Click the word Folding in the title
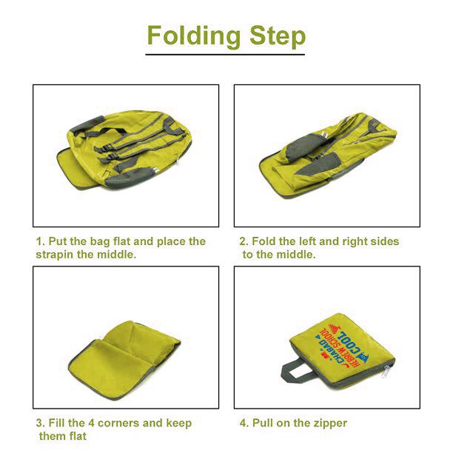194,36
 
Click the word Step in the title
278,36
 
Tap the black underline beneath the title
225,54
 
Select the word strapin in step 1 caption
54,255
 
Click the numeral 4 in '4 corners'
91,423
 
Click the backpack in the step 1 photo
125,150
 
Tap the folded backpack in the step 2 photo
328,155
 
